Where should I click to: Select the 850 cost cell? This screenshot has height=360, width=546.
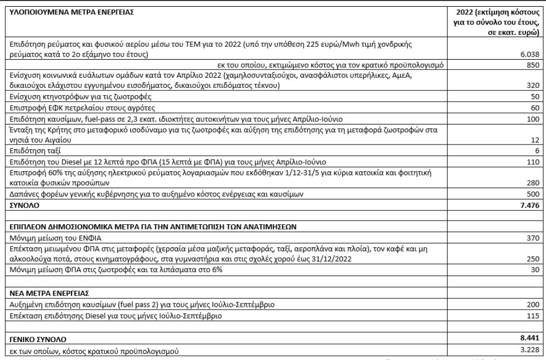point(534,64)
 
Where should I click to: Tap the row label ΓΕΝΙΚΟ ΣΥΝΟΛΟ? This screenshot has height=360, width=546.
point(30,339)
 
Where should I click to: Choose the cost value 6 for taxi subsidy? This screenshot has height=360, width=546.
point(537,151)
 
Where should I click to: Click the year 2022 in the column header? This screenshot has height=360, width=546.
point(460,11)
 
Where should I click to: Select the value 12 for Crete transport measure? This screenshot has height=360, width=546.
point(535,140)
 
